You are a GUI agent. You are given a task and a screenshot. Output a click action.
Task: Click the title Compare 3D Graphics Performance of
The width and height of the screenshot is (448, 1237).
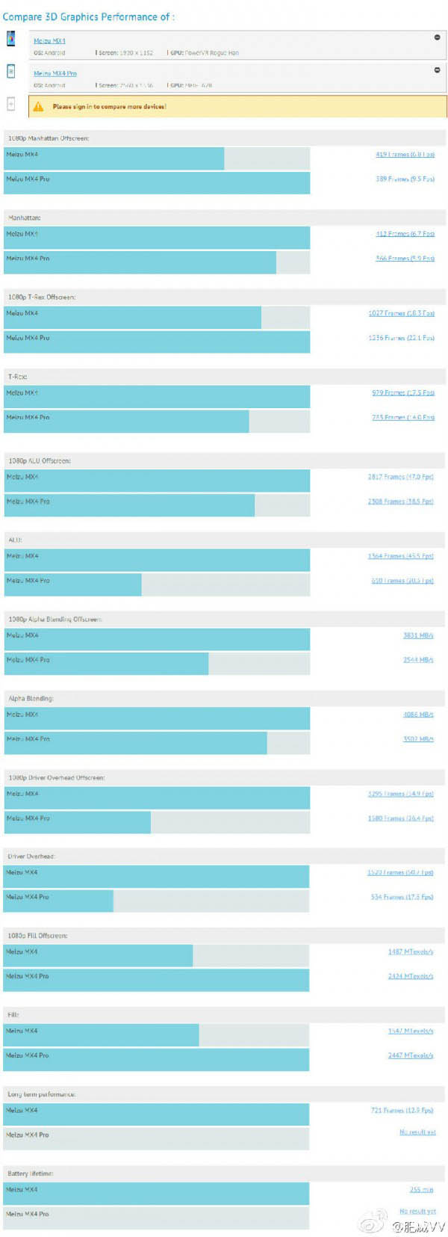tap(88, 16)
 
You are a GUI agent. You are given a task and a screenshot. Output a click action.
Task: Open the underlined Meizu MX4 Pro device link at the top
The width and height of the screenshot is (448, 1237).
tap(55, 73)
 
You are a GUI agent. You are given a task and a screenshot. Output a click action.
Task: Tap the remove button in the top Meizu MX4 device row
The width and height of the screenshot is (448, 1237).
tap(437, 37)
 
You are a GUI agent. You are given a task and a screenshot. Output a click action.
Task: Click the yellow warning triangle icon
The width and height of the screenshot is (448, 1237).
tap(38, 107)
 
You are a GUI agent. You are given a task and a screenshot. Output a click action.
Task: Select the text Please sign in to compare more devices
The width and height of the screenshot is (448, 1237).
tap(109, 107)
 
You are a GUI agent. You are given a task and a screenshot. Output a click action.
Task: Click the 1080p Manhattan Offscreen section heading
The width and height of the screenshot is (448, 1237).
tap(49, 138)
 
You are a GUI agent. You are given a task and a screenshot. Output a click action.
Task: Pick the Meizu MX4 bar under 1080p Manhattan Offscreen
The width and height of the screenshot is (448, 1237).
tap(114, 158)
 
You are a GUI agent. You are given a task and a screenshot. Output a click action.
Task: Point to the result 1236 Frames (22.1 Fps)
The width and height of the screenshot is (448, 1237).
tap(401, 338)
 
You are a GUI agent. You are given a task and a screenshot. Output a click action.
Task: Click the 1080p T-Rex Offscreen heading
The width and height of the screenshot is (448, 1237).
tap(42, 297)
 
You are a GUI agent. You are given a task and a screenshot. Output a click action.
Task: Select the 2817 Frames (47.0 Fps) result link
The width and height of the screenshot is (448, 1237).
tap(400, 477)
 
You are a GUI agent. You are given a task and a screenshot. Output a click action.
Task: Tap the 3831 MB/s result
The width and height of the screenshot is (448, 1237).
tap(418, 635)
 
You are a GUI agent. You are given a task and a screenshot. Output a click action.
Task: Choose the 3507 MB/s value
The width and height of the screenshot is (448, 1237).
tap(418, 738)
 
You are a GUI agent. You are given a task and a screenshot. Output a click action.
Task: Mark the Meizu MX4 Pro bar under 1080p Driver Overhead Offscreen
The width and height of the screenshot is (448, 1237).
tap(78, 822)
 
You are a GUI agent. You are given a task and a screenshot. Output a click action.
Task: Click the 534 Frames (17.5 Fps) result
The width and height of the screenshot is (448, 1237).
tap(402, 897)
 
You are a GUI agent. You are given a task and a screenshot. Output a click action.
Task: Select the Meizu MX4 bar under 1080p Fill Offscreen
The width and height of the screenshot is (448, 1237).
tap(99, 955)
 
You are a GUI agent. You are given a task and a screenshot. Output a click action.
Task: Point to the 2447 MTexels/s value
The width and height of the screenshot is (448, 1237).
tap(410, 1055)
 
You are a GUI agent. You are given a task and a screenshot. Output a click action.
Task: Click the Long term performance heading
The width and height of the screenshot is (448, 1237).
tap(42, 1094)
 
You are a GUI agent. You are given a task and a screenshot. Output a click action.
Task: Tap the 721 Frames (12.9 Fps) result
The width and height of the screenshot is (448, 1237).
tap(402, 1110)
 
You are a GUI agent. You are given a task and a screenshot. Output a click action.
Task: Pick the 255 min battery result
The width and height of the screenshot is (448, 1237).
tap(421, 1189)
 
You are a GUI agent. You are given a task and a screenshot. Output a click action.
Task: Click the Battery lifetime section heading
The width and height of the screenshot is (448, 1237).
tap(30, 1173)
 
